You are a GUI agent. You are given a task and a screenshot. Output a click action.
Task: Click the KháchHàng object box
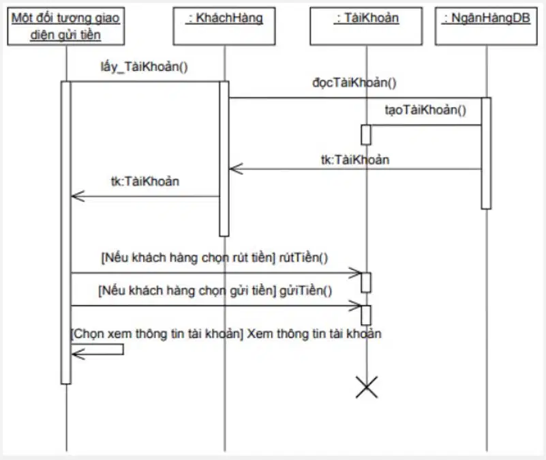(224, 26)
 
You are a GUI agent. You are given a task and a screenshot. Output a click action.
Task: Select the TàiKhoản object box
(366, 26)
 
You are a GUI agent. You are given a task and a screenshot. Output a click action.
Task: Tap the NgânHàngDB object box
(486, 26)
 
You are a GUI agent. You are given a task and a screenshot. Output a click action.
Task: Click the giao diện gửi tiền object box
(66, 26)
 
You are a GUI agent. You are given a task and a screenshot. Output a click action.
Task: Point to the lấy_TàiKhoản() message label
(144, 67)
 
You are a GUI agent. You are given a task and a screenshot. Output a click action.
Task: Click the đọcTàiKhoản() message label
(354, 83)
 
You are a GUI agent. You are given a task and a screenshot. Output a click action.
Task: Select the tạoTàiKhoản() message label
(425, 110)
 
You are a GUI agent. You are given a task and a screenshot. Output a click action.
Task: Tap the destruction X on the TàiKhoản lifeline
(367, 387)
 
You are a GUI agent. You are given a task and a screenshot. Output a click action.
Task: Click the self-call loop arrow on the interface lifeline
(123, 349)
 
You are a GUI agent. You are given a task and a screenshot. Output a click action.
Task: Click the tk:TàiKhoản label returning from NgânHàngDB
(355, 160)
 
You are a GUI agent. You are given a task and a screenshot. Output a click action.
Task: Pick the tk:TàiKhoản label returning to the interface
(145, 182)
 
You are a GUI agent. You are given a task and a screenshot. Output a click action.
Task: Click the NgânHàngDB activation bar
(486, 153)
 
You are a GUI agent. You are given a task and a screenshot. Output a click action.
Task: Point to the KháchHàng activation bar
(224, 159)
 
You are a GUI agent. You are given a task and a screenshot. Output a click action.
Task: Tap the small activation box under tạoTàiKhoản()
(366, 134)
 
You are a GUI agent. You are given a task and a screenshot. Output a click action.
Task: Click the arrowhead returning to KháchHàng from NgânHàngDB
(236, 169)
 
